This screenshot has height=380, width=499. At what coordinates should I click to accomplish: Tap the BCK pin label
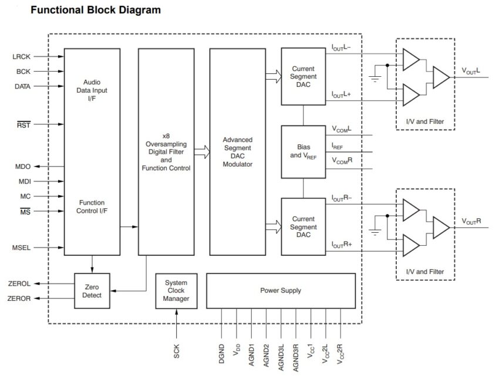pyautogui.click(x=23, y=72)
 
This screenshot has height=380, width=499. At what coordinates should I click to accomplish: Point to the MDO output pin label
pyautogui.click(x=22, y=167)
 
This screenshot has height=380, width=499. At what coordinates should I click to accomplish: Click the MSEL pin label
pyautogui.click(x=21, y=247)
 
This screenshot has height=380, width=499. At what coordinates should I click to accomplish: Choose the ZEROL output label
pyautogui.click(x=20, y=284)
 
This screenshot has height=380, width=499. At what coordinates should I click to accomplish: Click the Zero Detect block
pyautogui.click(x=92, y=291)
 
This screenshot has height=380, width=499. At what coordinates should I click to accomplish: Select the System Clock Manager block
pyautogui.click(x=176, y=291)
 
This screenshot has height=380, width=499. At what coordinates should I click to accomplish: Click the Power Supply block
pyautogui.click(x=281, y=291)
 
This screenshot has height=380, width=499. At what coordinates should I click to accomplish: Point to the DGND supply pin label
pyautogui.click(x=222, y=354)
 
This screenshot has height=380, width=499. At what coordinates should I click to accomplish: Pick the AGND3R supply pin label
pyautogui.click(x=296, y=354)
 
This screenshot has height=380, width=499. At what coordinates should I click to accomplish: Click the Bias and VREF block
pyautogui.click(x=304, y=151)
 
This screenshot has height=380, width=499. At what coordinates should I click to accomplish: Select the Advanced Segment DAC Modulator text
pyautogui.click(x=237, y=152)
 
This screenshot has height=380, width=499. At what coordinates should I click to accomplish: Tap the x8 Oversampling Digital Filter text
pyautogui.click(x=166, y=151)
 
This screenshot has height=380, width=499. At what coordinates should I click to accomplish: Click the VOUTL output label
pyautogui.click(x=471, y=71)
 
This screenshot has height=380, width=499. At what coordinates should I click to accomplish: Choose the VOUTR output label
pyautogui.click(x=471, y=221)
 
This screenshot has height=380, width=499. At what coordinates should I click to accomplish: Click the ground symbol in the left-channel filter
pyautogui.click(x=373, y=77)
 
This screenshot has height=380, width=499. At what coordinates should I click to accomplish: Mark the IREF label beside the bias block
pyautogui.click(x=339, y=146)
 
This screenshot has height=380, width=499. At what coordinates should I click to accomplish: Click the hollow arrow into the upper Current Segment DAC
pyautogui.click(x=272, y=74)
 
